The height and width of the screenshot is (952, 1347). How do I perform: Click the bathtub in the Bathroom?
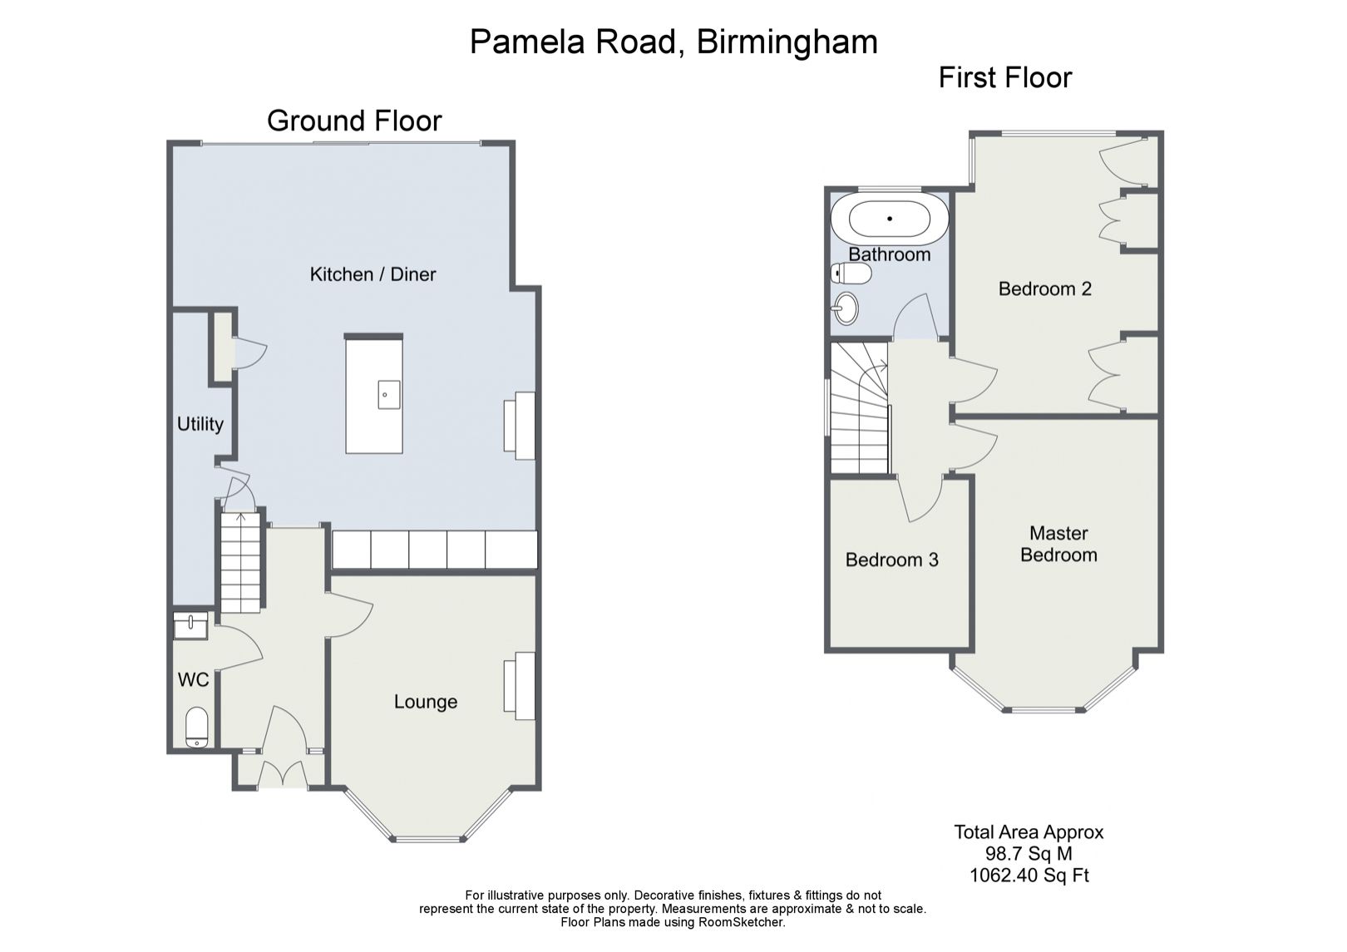click(x=890, y=219)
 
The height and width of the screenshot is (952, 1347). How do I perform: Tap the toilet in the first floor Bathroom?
click(x=851, y=274)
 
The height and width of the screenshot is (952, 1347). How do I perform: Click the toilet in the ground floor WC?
click(x=196, y=728)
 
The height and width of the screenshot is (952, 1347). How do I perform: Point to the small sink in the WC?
click(x=190, y=625)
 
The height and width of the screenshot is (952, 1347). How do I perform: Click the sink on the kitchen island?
click(x=389, y=394)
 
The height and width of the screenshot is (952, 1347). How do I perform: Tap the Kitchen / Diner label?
click(x=373, y=275)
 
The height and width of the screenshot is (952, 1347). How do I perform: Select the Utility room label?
click(x=200, y=425)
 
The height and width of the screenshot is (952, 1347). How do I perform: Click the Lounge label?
click(x=426, y=702)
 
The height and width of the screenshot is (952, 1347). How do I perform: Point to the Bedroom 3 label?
click(x=892, y=560)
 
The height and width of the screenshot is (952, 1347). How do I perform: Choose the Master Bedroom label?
click(x=1059, y=544)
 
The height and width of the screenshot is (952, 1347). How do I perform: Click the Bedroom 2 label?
click(x=1045, y=289)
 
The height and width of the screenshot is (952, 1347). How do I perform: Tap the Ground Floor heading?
click(x=354, y=121)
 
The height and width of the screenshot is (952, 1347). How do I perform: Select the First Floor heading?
click(x=1005, y=78)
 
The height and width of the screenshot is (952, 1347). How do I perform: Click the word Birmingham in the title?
click(x=787, y=42)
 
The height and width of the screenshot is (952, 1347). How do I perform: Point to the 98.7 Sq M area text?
click(x=1029, y=853)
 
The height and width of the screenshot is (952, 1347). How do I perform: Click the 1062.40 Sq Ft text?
click(x=1029, y=875)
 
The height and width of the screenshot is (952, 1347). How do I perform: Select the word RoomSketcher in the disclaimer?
click(x=741, y=922)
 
